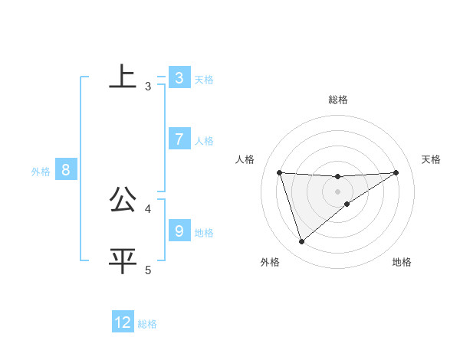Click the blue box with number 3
point(179,77)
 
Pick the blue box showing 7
point(179,139)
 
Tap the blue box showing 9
point(179,231)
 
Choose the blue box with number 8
point(65,170)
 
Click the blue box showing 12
point(123,322)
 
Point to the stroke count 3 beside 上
point(148,87)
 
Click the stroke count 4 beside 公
point(148,208)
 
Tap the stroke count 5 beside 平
point(148,270)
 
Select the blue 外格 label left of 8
point(41,172)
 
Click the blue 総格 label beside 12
point(147,324)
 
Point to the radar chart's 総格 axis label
point(337,100)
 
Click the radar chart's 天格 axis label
point(431,159)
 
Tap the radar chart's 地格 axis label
point(402,262)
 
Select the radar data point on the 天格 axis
point(396,172)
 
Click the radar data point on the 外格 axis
point(301,242)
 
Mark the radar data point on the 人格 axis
point(279,172)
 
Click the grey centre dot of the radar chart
point(337,191)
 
